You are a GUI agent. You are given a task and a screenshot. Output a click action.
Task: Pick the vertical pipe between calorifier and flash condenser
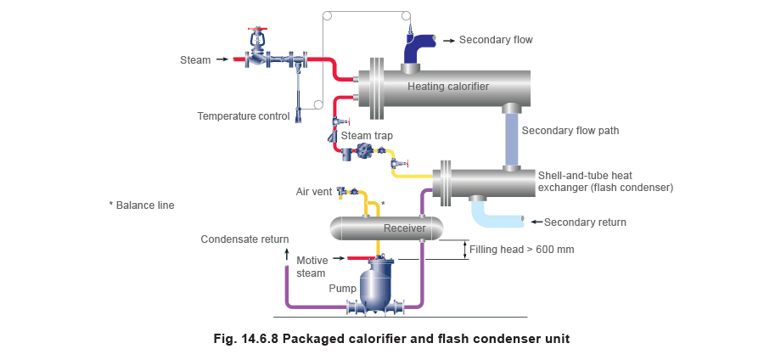tap(511, 137)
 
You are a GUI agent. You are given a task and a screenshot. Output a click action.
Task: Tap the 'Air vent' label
tap(312, 193)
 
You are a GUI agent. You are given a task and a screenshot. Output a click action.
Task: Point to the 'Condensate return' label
tap(244, 240)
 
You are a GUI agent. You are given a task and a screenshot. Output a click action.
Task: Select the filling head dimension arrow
tap(465, 250)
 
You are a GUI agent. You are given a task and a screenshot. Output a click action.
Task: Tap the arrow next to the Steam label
tap(222, 59)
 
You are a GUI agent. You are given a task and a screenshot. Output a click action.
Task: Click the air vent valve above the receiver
tap(345, 192)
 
